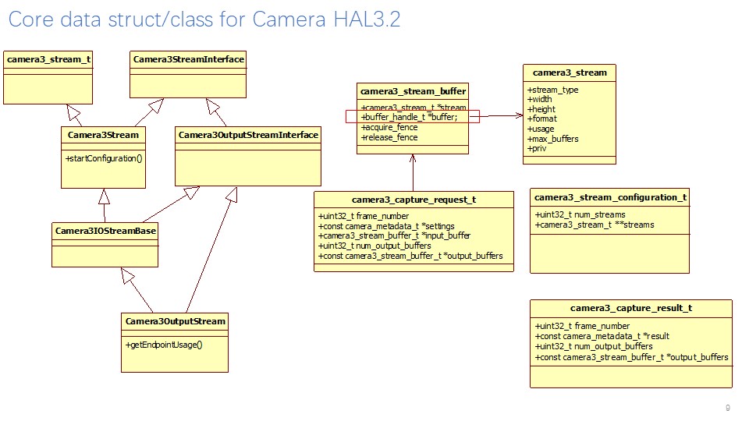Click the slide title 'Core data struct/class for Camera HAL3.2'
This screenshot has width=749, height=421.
pos(204,19)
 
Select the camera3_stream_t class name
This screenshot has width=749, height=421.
pos(48,59)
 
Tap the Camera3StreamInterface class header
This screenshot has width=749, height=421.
pos(188,59)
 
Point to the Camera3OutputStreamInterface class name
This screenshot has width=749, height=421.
pos(248,135)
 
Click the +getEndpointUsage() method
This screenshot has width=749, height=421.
pos(163,344)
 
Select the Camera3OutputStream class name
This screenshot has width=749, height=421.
pos(175,321)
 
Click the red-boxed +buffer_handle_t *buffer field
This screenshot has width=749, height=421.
pos(410,117)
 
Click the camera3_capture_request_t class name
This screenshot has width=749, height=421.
pos(414,200)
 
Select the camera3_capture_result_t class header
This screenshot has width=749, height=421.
pos(630,308)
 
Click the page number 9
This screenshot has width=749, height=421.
pos(727,408)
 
